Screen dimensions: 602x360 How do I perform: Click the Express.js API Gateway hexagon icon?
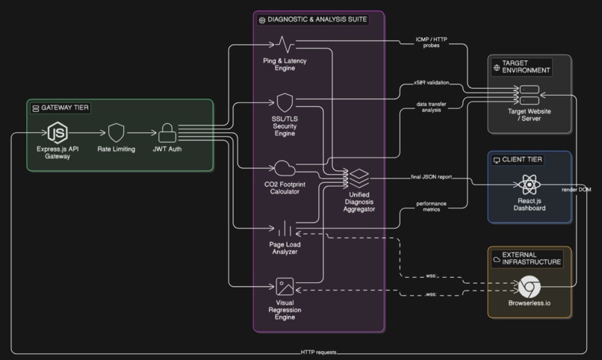[58, 133]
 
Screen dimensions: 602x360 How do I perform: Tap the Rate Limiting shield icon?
[116, 133]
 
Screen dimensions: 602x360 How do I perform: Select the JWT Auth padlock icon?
[167, 133]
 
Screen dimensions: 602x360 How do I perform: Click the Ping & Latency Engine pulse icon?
[285, 45]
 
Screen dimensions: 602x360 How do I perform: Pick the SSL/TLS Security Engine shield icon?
[285, 102]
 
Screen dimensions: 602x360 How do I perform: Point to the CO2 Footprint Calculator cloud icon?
[285, 168]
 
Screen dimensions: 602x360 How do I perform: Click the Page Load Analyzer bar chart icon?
[285, 228]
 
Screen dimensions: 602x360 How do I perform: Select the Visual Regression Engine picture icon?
[285, 286]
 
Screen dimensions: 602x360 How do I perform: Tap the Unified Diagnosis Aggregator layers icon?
[359, 178]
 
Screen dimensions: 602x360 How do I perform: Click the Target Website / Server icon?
[530, 95]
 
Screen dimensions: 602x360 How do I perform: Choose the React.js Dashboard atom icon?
[530, 184]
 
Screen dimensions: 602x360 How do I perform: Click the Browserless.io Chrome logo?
[530, 287]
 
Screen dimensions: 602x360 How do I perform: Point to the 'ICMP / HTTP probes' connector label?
[431, 43]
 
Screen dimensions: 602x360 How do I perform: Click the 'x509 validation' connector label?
[431, 82]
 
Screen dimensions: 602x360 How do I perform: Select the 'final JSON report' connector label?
[431, 177]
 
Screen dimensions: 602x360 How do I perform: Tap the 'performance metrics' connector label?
[431, 206]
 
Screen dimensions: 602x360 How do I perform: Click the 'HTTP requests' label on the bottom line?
[318, 352]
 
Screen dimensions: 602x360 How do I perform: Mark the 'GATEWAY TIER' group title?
[65, 108]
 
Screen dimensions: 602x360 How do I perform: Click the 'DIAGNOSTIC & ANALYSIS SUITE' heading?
[317, 19]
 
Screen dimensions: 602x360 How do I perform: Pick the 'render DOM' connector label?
[577, 190]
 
